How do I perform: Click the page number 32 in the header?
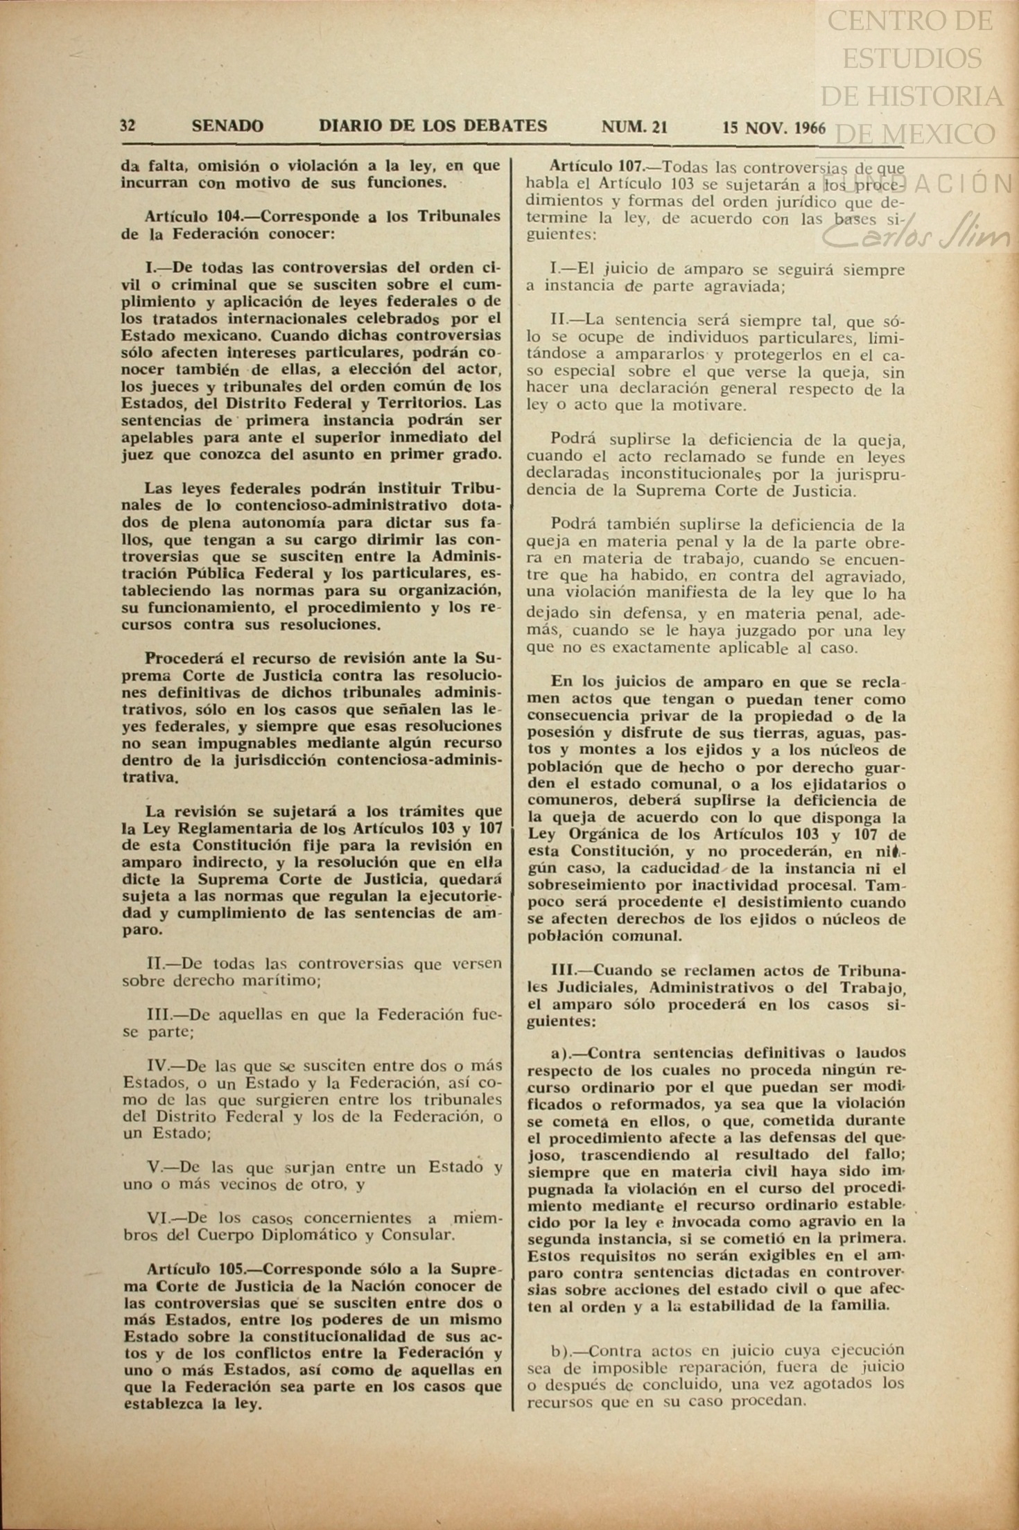click(x=128, y=126)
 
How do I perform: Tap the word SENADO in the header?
click(x=227, y=126)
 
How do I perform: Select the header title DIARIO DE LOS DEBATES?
click(x=433, y=125)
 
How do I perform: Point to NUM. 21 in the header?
click(x=634, y=127)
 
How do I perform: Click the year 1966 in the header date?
click(x=810, y=128)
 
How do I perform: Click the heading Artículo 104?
click(x=192, y=216)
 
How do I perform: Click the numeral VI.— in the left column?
click(x=163, y=1218)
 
